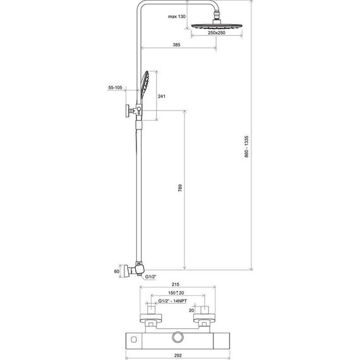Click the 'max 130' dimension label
(x=177, y=16)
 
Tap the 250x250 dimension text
(x=217, y=33)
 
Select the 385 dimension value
(x=177, y=45)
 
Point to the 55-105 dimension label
(x=115, y=88)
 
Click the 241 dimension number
(x=162, y=97)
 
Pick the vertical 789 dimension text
(x=180, y=188)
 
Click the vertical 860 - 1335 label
(x=246, y=147)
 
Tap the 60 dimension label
(x=117, y=272)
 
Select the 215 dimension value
(x=176, y=284)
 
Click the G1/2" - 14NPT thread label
(x=172, y=301)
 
